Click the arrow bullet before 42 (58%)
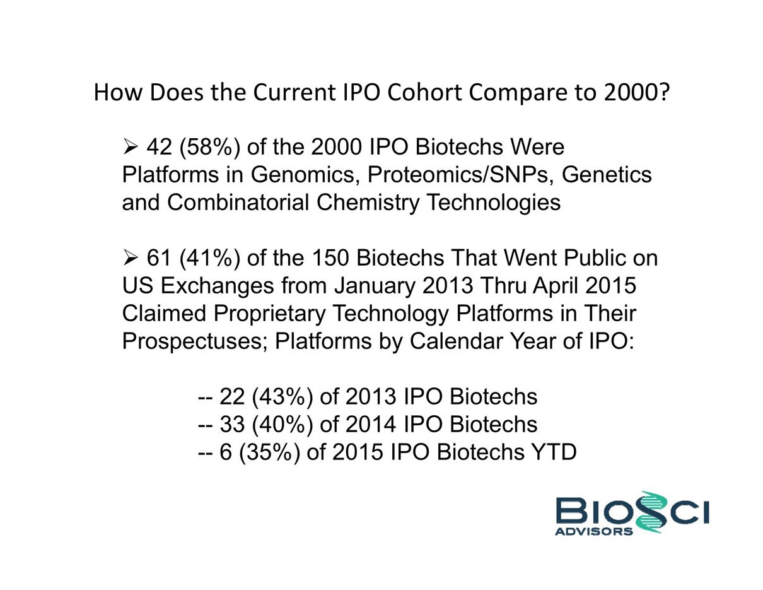click(131, 146)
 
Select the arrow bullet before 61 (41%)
click(131, 258)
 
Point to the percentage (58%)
click(209, 147)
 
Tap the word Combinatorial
click(238, 203)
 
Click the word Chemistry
click(368, 203)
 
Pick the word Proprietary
click(269, 314)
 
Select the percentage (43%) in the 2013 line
click(282, 398)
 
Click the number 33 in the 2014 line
click(232, 425)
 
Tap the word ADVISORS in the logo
click(594, 531)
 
